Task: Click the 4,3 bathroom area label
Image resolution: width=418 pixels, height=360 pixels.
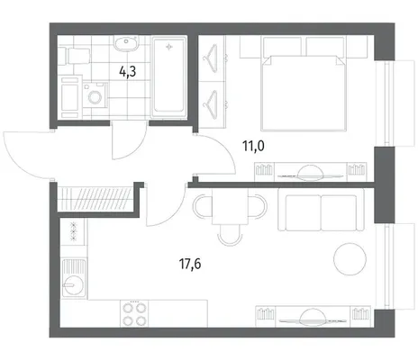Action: [128, 72]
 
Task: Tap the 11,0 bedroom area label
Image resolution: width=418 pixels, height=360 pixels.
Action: [253, 146]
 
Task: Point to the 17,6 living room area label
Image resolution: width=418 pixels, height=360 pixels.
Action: [190, 264]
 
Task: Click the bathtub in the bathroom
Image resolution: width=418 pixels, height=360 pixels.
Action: [168, 76]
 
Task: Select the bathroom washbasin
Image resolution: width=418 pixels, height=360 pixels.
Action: [126, 43]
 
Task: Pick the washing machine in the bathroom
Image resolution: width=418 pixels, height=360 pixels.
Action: [95, 95]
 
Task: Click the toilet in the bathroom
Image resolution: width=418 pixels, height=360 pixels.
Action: [74, 56]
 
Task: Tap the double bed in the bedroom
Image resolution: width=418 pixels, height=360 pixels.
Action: [304, 90]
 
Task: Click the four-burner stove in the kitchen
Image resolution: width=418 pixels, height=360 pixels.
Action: [134, 313]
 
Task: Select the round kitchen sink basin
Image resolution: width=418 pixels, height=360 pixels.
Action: [71, 284]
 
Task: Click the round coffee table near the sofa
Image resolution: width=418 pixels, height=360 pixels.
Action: [350, 258]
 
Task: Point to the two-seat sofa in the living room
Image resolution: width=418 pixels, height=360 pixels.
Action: [321, 210]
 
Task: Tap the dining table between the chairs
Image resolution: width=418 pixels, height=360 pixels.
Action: [230, 208]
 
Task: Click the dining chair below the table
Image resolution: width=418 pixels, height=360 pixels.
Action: [230, 236]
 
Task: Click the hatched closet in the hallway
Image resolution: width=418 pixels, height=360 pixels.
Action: [95, 198]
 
